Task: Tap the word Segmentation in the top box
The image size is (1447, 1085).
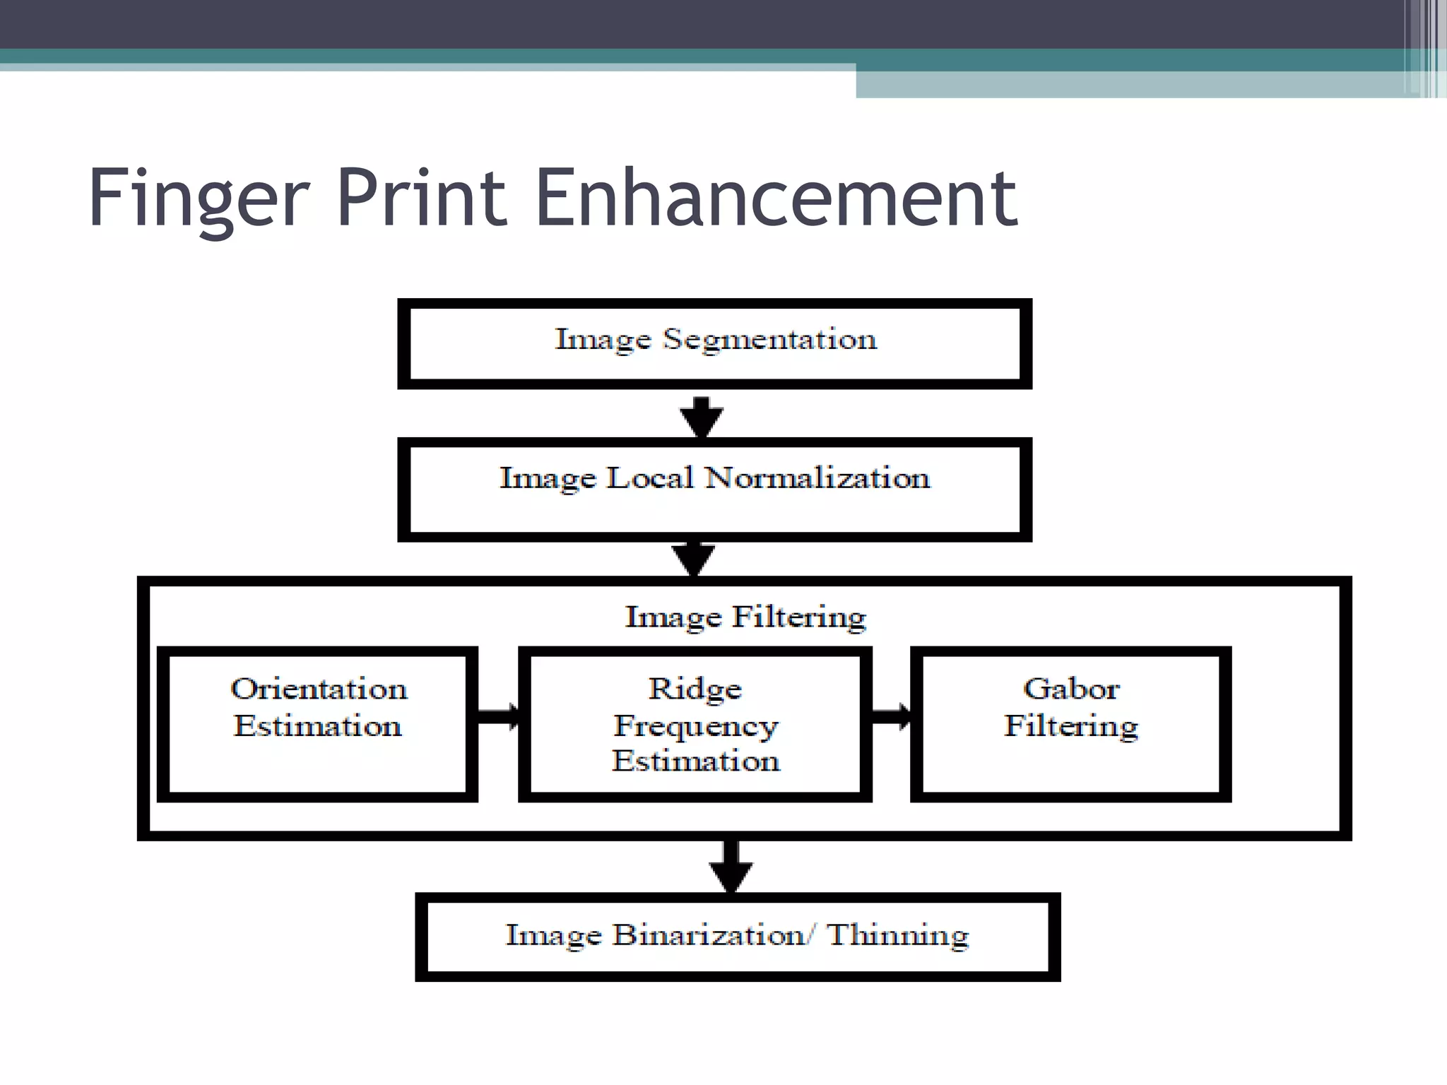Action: [769, 340]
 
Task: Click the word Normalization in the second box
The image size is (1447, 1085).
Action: [817, 478]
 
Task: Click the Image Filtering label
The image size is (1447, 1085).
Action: [745, 617]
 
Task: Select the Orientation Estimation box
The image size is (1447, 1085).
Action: [317, 724]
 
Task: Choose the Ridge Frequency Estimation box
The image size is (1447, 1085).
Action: [695, 724]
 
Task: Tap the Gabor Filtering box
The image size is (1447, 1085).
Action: [1070, 724]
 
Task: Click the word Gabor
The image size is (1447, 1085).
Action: [1071, 689]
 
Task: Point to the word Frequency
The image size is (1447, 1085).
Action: [696, 726]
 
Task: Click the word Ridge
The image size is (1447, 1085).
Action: [695, 689]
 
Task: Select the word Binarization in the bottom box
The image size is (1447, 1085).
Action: [709, 935]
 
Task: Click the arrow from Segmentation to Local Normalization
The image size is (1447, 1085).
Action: [701, 417]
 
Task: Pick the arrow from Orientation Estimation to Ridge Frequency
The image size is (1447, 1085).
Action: [498, 716]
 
